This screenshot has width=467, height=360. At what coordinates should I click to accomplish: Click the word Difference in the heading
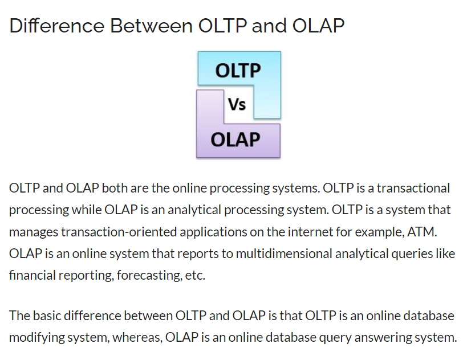(x=57, y=26)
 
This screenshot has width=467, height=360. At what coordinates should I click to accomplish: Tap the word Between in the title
(x=151, y=26)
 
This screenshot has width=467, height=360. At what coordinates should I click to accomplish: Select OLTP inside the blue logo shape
(x=238, y=71)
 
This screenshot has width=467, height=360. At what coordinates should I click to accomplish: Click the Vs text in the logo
(x=237, y=105)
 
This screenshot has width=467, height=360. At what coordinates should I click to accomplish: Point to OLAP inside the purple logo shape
(x=235, y=140)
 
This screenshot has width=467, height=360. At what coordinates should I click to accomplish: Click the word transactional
(x=413, y=189)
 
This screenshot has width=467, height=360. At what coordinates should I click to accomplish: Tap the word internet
(x=310, y=232)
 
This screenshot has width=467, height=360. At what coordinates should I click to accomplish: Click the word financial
(x=32, y=275)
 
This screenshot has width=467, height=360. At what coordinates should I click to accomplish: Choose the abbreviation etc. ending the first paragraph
(x=195, y=276)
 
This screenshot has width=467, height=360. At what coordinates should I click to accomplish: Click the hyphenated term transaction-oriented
(x=119, y=232)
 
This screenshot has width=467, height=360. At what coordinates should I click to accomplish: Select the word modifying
(x=36, y=338)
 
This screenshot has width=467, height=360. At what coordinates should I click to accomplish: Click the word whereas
(x=137, y=337)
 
